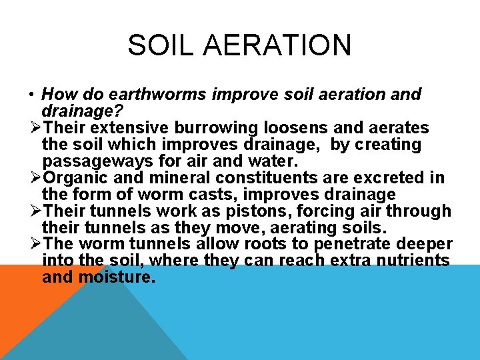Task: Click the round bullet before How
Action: (x=33, y=95)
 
